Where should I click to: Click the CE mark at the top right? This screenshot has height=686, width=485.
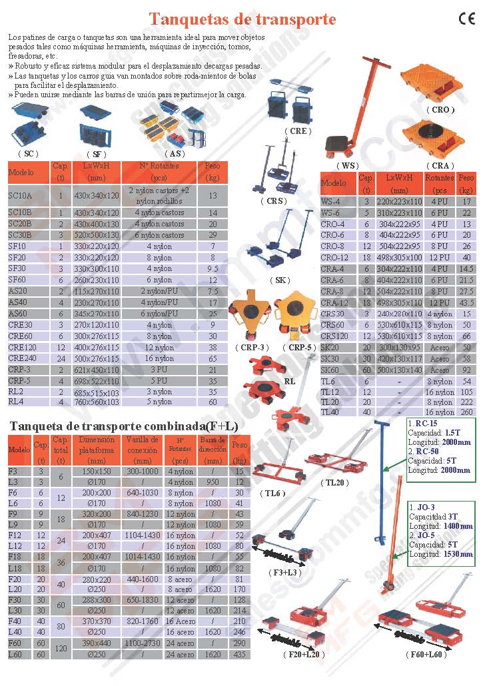click(466, 19)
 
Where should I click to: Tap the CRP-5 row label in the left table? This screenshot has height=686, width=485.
click(19, 381)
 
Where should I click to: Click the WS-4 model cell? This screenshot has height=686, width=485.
click(331, 201)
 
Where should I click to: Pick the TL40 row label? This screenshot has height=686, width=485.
click(330, 412)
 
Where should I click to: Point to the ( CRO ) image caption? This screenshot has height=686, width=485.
click(440, 109)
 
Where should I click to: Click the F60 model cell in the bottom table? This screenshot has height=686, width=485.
click(15, 643)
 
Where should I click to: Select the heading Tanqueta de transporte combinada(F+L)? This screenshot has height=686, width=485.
click(123, 426)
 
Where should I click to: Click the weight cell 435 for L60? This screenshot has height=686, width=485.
click(240, 655)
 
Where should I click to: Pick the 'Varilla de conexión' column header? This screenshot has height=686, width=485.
click(142, 450)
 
